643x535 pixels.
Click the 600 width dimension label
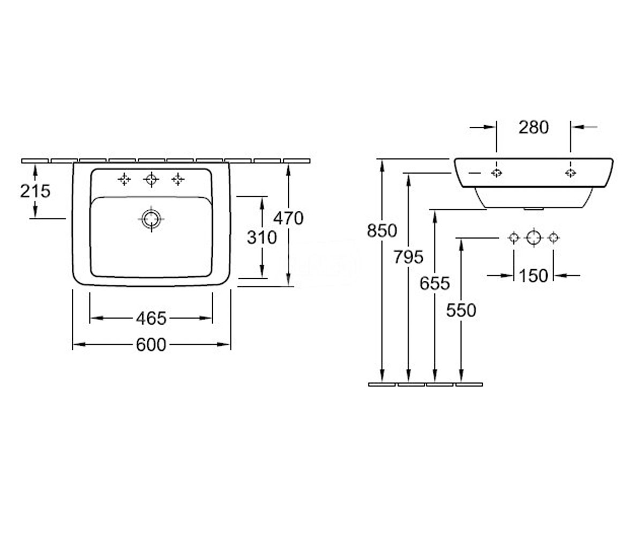[151, 345]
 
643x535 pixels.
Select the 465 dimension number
[151, 318]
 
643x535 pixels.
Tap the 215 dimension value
[35, 191]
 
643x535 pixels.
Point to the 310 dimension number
[262, 238]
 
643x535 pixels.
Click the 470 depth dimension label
[289, 218]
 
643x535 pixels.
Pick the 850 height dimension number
[382, 231]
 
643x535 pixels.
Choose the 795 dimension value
[409, 257]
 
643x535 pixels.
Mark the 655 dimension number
[435, 283]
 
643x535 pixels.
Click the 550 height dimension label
[461, 310]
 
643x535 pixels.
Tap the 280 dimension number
[534, 127]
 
